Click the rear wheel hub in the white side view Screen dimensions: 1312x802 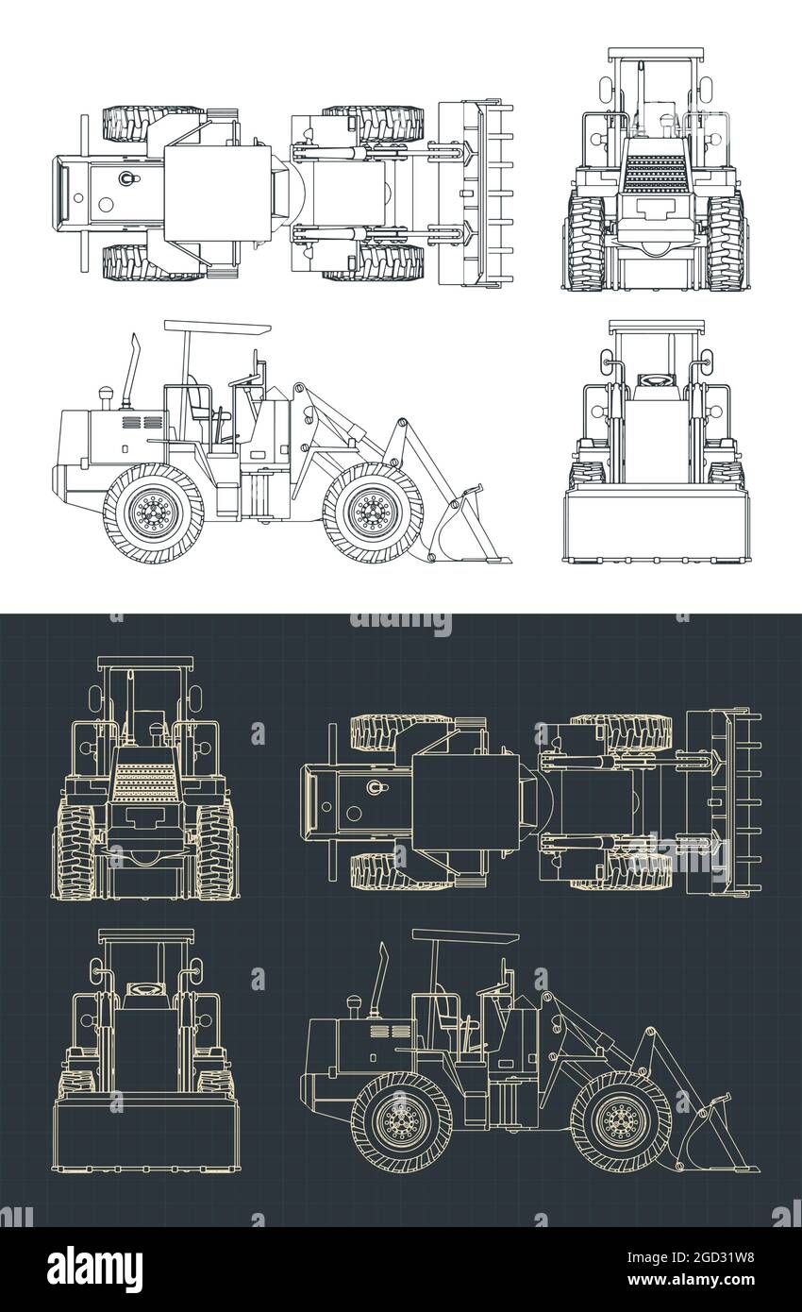click(152, 513)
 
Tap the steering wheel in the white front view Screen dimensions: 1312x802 click(653, 379)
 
